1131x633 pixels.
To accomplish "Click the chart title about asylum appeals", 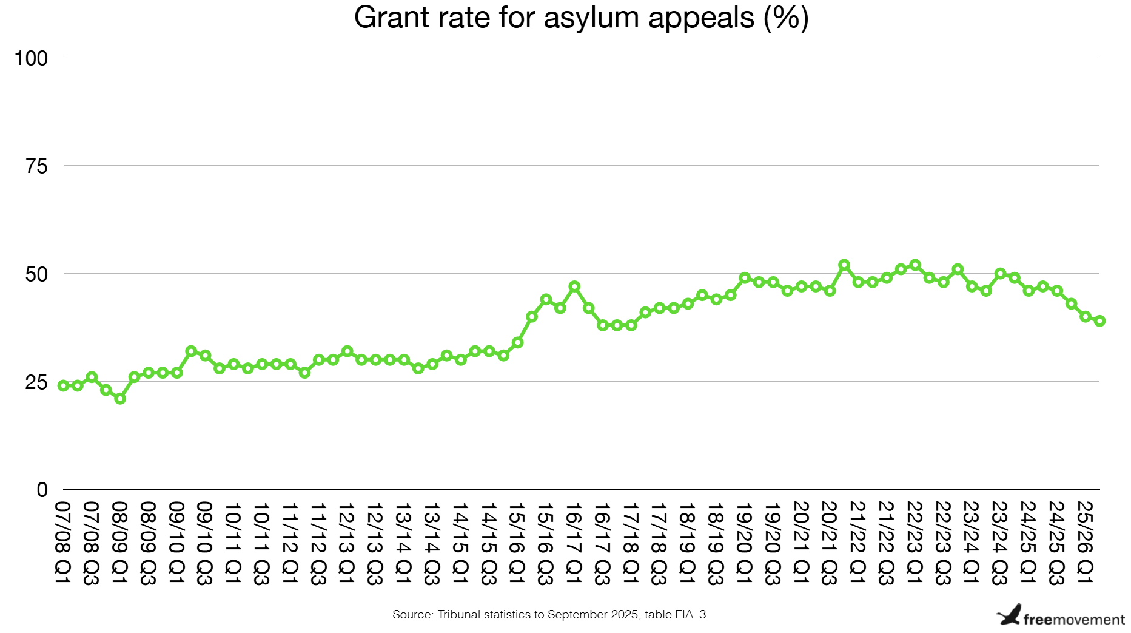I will [581, 18].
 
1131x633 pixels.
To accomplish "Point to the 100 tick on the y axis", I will [31, 59].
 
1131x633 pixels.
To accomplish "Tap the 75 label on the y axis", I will [36, 166].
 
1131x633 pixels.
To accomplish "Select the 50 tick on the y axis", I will [36, 274].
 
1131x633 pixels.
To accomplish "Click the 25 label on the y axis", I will [36, 382].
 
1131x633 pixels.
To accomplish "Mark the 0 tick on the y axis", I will [42, 490].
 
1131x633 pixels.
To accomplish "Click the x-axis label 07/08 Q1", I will [63, 543].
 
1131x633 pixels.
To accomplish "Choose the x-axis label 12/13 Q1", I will [347, 543].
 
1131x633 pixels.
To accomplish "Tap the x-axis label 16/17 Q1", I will [574, 543].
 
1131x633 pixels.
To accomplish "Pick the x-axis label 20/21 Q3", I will [829, 543].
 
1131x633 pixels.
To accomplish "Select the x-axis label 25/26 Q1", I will [1085, 543].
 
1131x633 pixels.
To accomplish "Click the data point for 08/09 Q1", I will [120, 399].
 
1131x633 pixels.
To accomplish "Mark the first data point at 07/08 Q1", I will [63, 385].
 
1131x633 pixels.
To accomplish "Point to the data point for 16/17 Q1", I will [574, 286].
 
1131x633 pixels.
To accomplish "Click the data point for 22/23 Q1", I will [915, 265].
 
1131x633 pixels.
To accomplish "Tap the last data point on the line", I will [1099, 321].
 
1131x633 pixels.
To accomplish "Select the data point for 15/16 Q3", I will [546, 299].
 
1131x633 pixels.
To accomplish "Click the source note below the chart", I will [549, 614].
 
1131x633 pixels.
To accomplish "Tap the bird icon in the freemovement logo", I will [1009, 615].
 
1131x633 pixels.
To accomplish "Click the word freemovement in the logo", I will [1073, 620].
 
